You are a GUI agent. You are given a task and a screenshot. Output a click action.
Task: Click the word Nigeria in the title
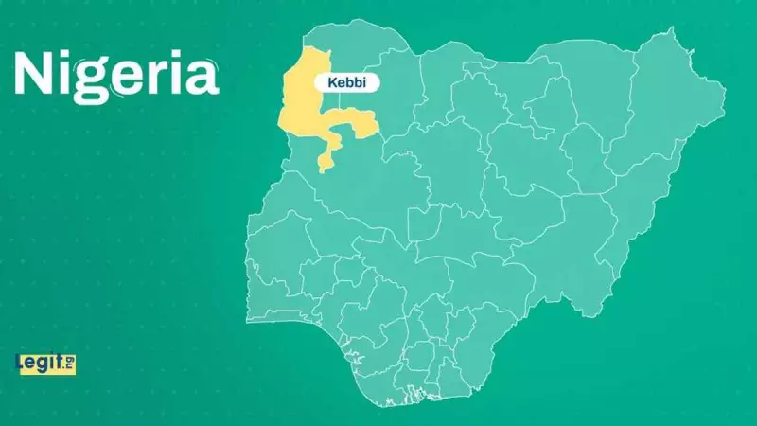(116, 76)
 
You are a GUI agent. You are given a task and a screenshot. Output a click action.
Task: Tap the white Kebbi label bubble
(346, 83)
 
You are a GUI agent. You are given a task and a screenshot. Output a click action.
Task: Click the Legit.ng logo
(45, 363)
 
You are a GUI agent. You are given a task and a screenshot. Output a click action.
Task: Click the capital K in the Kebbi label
(330, 83)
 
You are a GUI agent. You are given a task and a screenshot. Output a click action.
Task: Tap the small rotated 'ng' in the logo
(70, 362)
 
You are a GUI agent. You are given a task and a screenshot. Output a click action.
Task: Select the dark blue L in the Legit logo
(21, 363)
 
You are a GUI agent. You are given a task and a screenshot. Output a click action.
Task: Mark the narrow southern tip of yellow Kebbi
(324, 166)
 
